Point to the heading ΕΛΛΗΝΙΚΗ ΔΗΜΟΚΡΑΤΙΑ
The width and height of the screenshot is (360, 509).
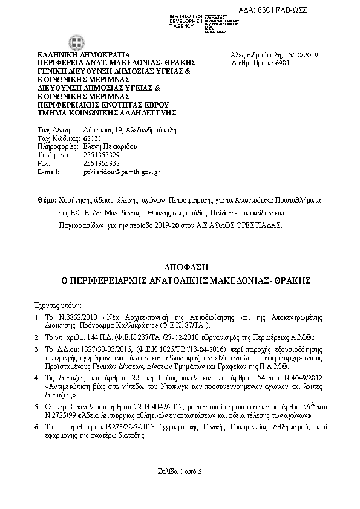click(x=77, y=54)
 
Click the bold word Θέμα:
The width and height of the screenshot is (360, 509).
click(x=47, y=199)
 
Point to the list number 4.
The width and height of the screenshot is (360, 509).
click(x=38, y=377)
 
